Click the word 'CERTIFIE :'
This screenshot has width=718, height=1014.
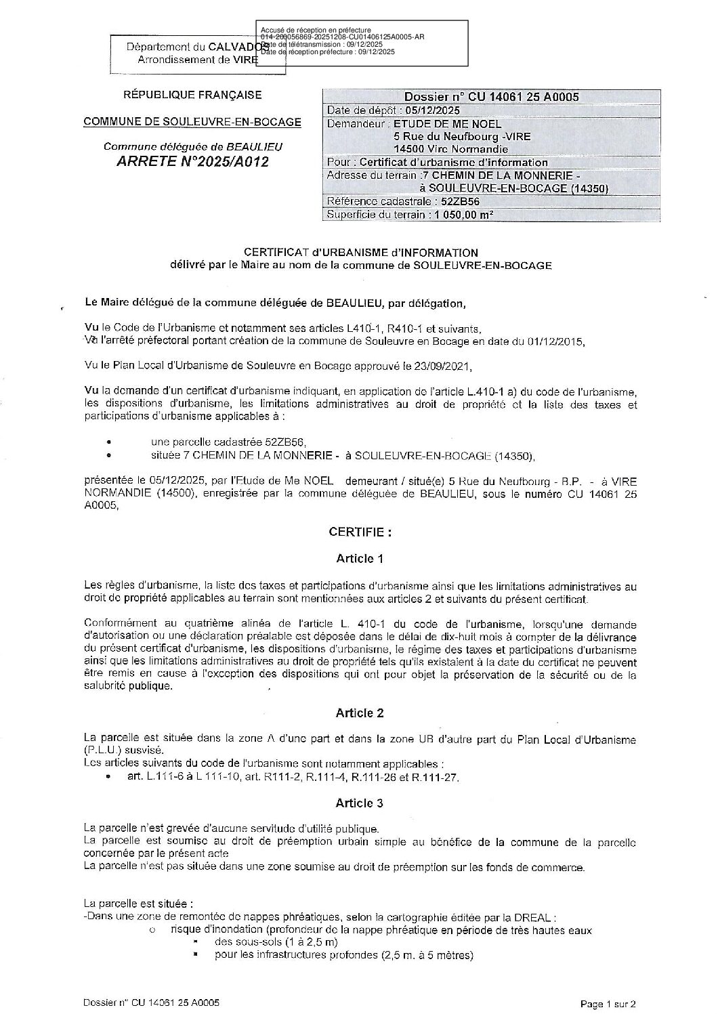360,532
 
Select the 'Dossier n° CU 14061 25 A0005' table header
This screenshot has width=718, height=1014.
491,97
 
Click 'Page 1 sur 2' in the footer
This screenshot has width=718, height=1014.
608,1004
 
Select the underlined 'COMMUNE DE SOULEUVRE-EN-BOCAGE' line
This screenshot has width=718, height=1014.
192,122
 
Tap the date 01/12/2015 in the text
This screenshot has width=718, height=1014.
554,341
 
